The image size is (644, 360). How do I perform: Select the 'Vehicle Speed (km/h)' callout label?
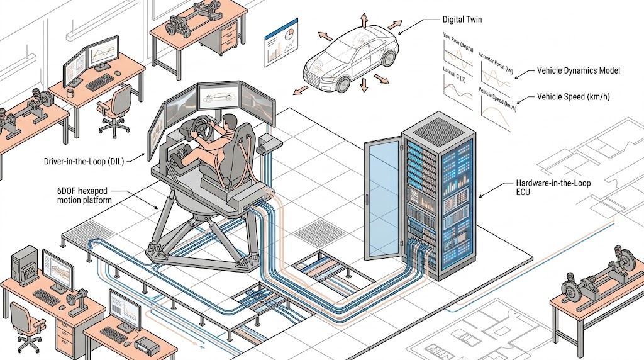(x=573, y=97)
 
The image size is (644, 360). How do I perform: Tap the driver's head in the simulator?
(x=230, y=121)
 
